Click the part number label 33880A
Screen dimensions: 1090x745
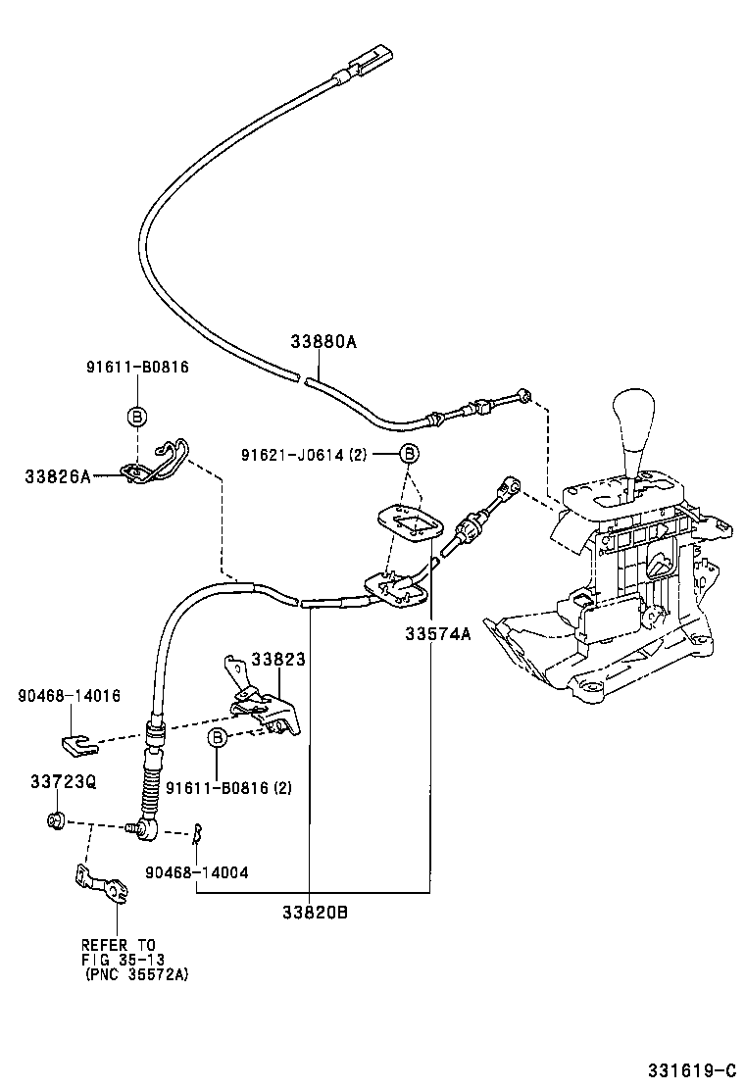(x=323, y=342)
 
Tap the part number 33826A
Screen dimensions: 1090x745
(x=58, y=476)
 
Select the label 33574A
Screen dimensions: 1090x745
(x=438, y=633)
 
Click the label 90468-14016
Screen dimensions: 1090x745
(x=69, y=696)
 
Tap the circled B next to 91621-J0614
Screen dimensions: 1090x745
(x=409, y=453)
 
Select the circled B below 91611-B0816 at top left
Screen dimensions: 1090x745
(x=137, y=417)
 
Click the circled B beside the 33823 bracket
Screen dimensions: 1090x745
(x=218, y=737)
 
